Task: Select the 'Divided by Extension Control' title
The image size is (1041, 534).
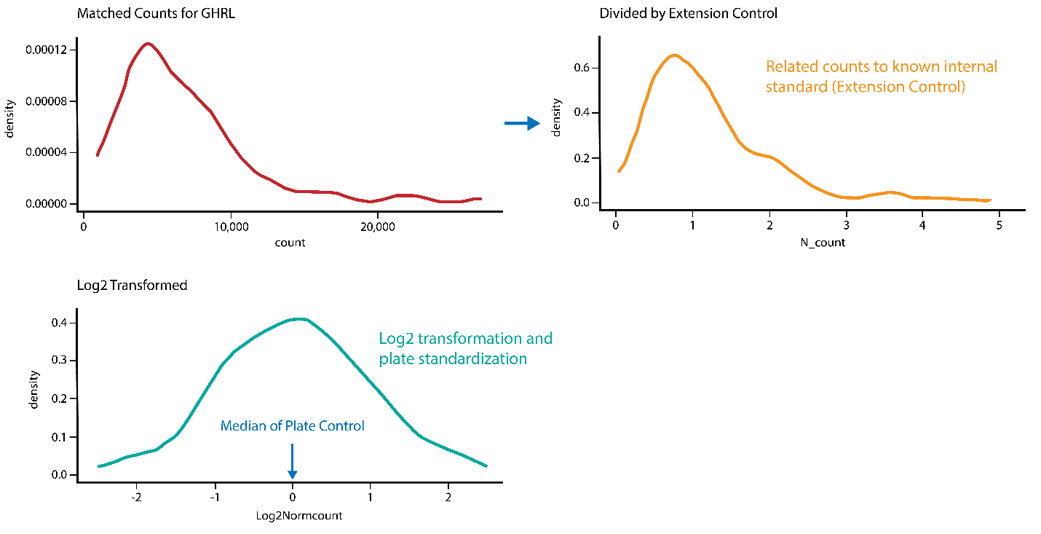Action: (688, 14)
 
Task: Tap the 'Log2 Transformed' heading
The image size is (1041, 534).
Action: (132, 285)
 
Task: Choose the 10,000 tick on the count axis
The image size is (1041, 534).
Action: (231, 227)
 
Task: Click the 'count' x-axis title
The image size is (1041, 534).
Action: (290, 243)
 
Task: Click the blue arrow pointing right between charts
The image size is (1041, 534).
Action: (522, 124)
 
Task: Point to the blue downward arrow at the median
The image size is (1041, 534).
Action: (292, 462)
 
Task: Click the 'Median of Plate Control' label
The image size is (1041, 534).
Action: (292, 425)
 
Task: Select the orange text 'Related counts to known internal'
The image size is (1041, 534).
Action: (881, 67)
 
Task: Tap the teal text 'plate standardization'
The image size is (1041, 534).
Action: (452, 358)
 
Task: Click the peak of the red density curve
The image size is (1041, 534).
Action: (148, 44)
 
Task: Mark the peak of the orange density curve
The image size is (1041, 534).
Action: (674, 55)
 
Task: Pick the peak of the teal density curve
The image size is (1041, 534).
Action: (300, 318)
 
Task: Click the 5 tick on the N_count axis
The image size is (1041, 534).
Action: (998, 225)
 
